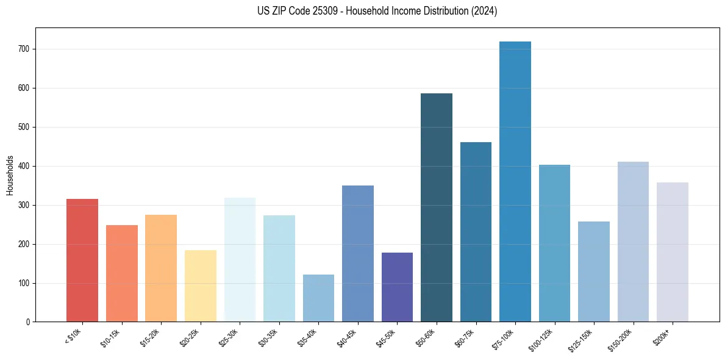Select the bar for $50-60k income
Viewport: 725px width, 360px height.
click(x=437, y=207)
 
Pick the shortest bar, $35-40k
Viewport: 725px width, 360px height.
click(x=318, y=298)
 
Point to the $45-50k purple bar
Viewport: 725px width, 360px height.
click(x=397, y=287)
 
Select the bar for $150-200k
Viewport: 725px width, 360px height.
click(x=633, y=242)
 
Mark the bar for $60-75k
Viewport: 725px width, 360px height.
click(x=476, y=232)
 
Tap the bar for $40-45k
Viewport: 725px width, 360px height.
click(x=358, y=254)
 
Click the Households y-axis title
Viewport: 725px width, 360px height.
click(x=10, y=175)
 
